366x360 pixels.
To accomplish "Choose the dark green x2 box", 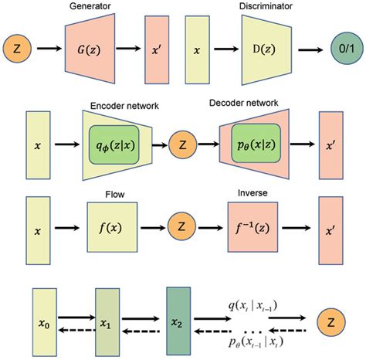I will click(x=178, y=318).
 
